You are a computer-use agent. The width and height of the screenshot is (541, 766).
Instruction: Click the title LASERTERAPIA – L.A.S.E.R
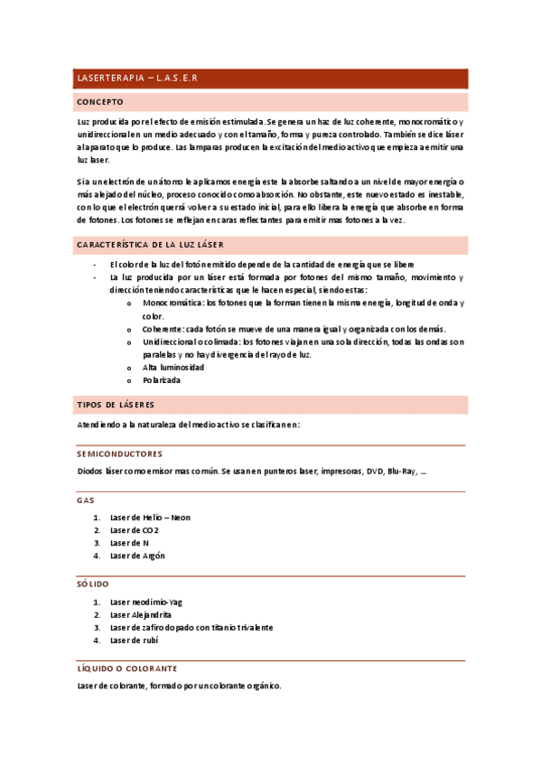coord(136,79)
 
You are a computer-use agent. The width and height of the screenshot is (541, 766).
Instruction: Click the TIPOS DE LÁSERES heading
coord(115,404)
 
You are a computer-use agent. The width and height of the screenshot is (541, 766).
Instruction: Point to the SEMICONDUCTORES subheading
coord(119,453)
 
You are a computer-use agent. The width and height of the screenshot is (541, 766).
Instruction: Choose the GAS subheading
coord(86,500)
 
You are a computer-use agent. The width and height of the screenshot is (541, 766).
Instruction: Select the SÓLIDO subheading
coord(93,584)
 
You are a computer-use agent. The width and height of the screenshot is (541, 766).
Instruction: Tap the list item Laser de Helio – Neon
coord(150,518)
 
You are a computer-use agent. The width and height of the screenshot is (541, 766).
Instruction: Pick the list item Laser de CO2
coord(134,530)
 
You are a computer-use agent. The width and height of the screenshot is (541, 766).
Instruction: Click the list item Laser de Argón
coord(137,556)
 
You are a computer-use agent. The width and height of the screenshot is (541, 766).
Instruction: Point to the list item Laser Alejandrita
coord(143,614)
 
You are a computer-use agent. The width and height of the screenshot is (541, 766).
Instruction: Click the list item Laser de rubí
coord(134,640)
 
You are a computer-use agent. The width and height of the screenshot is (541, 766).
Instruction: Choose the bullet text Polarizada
coord(162,380)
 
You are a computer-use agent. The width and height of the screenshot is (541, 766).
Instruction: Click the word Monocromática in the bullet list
coord(172,304)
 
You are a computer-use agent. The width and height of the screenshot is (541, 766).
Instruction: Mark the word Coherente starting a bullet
coord(163,329)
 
